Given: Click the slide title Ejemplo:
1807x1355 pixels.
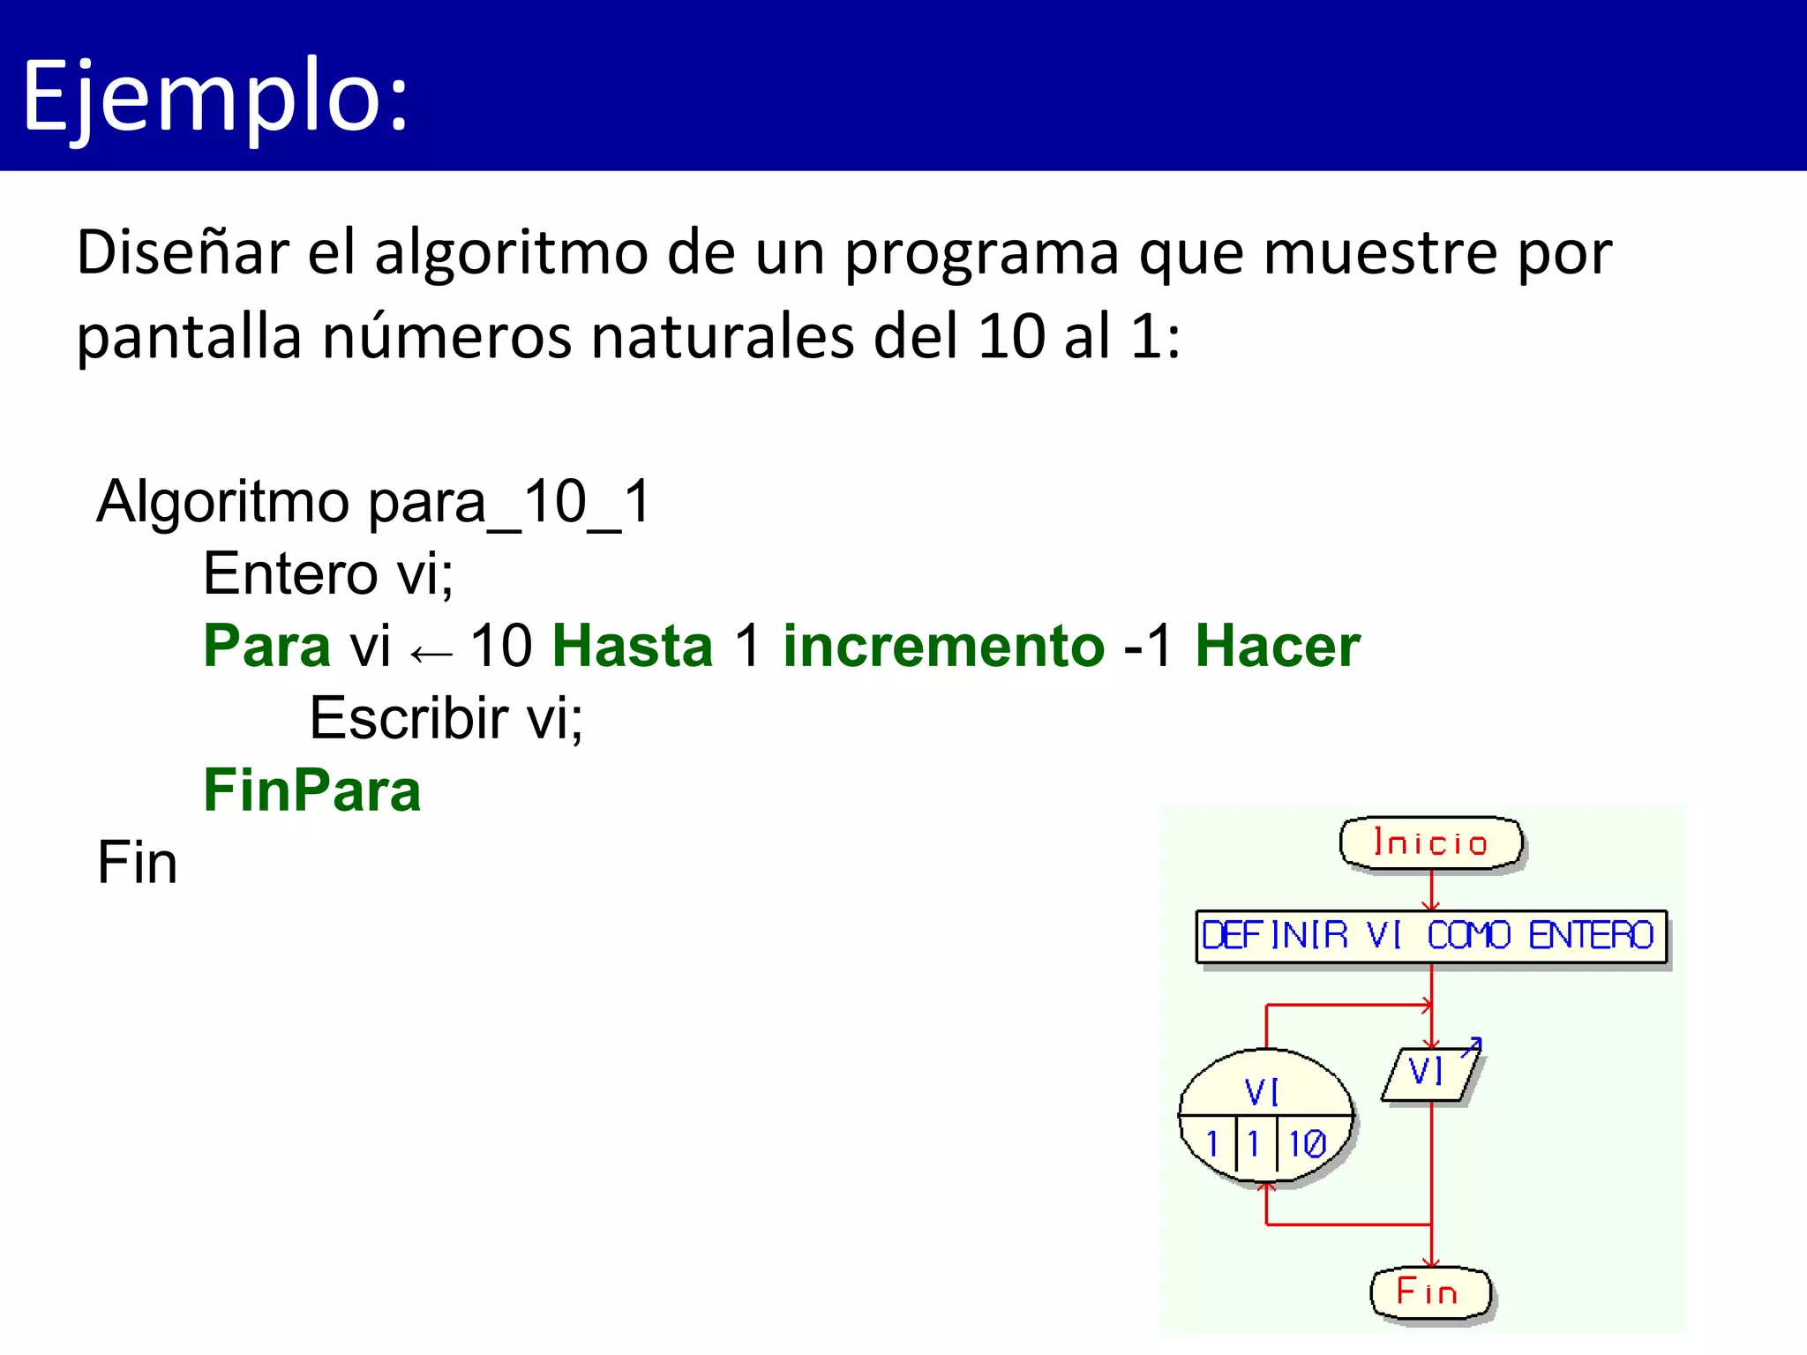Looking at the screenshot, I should (x=215, y=95).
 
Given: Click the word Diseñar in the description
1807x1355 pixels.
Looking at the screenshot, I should (x=182, y=253).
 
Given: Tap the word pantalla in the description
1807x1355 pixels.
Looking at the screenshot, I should (x=189, y=338).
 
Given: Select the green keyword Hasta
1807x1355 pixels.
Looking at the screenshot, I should (x=632, y=646).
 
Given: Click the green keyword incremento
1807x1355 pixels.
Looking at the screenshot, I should (x=943, y=646).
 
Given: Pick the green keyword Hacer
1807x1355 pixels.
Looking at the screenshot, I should (x=1277, y=646).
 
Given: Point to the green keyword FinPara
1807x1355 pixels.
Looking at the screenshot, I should (x=312, y=790).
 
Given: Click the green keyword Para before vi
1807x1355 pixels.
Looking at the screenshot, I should (x=266, y=646).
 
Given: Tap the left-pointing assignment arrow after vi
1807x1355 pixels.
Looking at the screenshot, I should (x=431, y=654).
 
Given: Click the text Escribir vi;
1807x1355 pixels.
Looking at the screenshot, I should (x=446, y=718).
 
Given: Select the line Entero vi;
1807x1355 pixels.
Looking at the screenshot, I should (x=327, y=574).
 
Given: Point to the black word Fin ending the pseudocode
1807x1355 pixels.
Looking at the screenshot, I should (x=137, y=863).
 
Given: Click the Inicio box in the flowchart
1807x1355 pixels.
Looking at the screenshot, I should (x=1431, y=843).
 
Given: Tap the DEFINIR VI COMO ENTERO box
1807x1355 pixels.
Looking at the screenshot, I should (x=1430, y=936).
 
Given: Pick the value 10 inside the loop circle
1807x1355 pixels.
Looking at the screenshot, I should (x=1307, y=1144).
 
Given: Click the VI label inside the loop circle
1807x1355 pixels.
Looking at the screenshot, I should (x=1262, y=1092).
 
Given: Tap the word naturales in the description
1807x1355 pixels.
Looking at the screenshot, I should (x=724, y=338).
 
